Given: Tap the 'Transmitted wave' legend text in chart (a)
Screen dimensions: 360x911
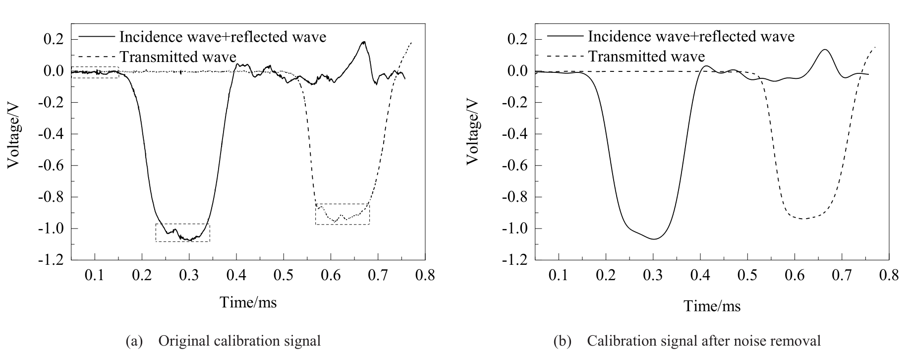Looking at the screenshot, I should (178, 57).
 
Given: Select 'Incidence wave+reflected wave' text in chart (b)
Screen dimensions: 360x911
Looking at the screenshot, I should (691, 36).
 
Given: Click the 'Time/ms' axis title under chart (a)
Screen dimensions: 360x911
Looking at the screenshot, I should (248, 301).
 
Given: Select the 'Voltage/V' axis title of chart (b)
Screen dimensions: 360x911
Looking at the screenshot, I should (473, 131).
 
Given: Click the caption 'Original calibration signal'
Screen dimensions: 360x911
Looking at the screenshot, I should (239, 341).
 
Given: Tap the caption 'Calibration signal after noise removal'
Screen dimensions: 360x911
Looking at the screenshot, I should (704, 341).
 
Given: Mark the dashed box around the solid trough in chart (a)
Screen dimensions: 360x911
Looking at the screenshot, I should (182, 233).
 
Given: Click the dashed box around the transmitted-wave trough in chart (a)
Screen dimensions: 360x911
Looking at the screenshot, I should (342, 214).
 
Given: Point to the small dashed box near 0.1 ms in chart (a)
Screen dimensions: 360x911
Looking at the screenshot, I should (95, 72).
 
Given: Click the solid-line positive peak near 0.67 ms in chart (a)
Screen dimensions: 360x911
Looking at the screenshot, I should (364, 42).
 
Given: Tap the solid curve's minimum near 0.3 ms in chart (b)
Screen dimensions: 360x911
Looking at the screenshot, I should (654, 239).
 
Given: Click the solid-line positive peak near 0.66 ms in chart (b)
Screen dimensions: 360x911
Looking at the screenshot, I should (825, 50).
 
